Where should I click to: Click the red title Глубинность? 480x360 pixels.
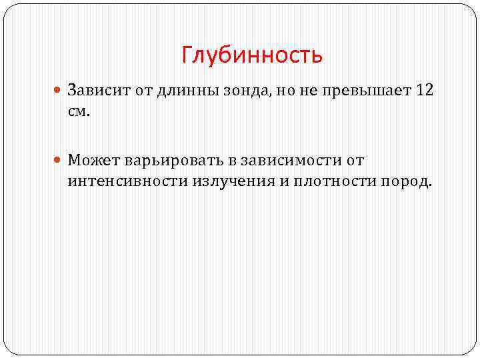point(252,55)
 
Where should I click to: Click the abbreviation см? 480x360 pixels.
point(77,111)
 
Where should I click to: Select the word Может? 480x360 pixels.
point(91,161)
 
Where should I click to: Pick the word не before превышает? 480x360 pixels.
point(298,91)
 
